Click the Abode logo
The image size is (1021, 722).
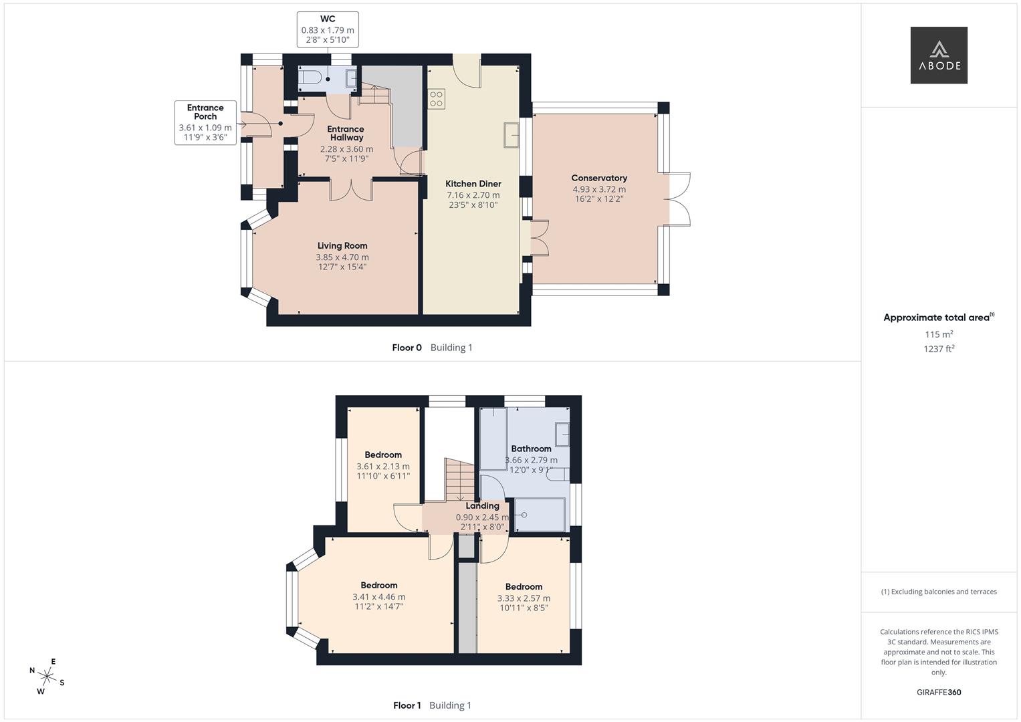[x=938, y=55]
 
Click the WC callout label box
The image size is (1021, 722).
[x=328, y=29]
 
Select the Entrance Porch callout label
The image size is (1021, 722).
[x=205, y=122]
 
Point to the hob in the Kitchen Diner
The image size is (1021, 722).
[x=436, y=99]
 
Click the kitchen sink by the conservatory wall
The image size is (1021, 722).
[x=512, y=135]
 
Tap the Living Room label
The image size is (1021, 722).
[x=342, y=246]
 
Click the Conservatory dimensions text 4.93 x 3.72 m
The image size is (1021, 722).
[x=599, y=189]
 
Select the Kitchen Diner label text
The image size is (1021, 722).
[x=473, y=184]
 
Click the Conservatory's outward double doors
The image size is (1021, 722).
[x=679, y=200]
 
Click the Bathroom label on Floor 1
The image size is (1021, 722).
[x=531, y=449]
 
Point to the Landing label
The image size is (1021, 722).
[x=482, y=506]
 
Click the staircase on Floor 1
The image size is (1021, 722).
[x=460, y=479]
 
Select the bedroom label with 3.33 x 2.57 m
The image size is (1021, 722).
[x=524, y=587]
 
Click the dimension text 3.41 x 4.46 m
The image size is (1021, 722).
[x=378, y=597]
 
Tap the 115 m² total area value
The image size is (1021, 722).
[x=938, y=334]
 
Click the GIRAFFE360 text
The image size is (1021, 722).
[x=938, y=693]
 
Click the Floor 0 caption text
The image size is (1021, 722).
[x=407, y=348]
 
